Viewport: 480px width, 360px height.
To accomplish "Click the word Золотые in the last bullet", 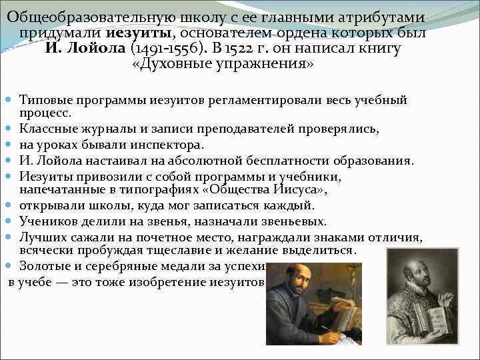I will (x=42, y=266).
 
